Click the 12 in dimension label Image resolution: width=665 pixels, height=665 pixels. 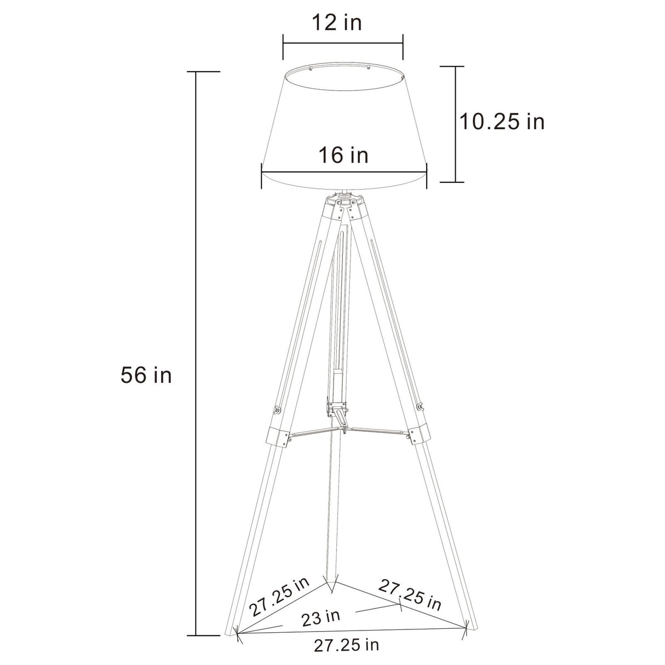[x=337, y=23]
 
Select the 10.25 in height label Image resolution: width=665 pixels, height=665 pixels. [x=502, y=122]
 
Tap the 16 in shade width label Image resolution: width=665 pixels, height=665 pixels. [x=343, y=155]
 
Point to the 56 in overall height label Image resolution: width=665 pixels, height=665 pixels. [x=146, y=376]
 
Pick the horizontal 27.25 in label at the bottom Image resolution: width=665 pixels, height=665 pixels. [x=346, y=645]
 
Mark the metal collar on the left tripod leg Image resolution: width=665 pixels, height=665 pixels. [x=278, y=435]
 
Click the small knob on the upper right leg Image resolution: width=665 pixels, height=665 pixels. [x=420, y=406]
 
